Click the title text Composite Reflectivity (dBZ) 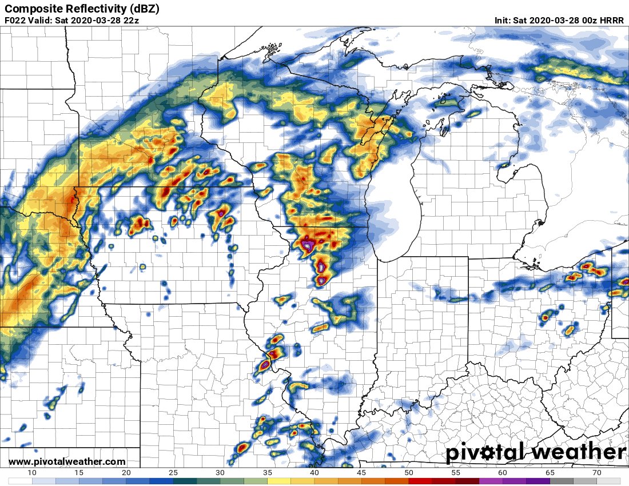tap(82, 9)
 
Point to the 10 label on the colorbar tap(32, 472)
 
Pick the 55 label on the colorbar tap(456, 472)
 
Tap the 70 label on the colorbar tap(597, 472)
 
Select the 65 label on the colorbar tap(550, 472)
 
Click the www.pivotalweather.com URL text tap(67, 461)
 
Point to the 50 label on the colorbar tap(409, 472)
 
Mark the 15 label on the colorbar tap(79, 472)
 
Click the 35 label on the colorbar tap(268, 472)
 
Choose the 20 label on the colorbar tap(126, 472)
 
